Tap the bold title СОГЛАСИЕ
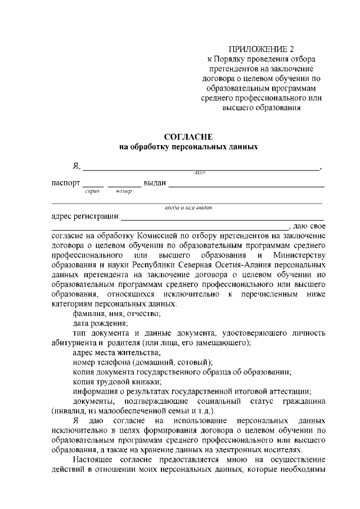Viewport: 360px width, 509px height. pyautogui.click(x=188, y=137)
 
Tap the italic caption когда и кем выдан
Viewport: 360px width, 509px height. pyautogui.click(x=188, y=208)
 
